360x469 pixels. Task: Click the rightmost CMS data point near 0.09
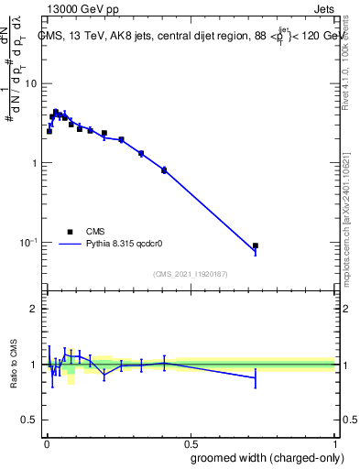click(x=256, y=245)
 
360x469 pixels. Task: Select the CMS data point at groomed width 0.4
click(x=164, y=170)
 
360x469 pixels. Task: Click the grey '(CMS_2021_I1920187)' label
click(x=190, y=274)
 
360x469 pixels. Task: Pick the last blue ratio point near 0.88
click(x=256, y=377)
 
